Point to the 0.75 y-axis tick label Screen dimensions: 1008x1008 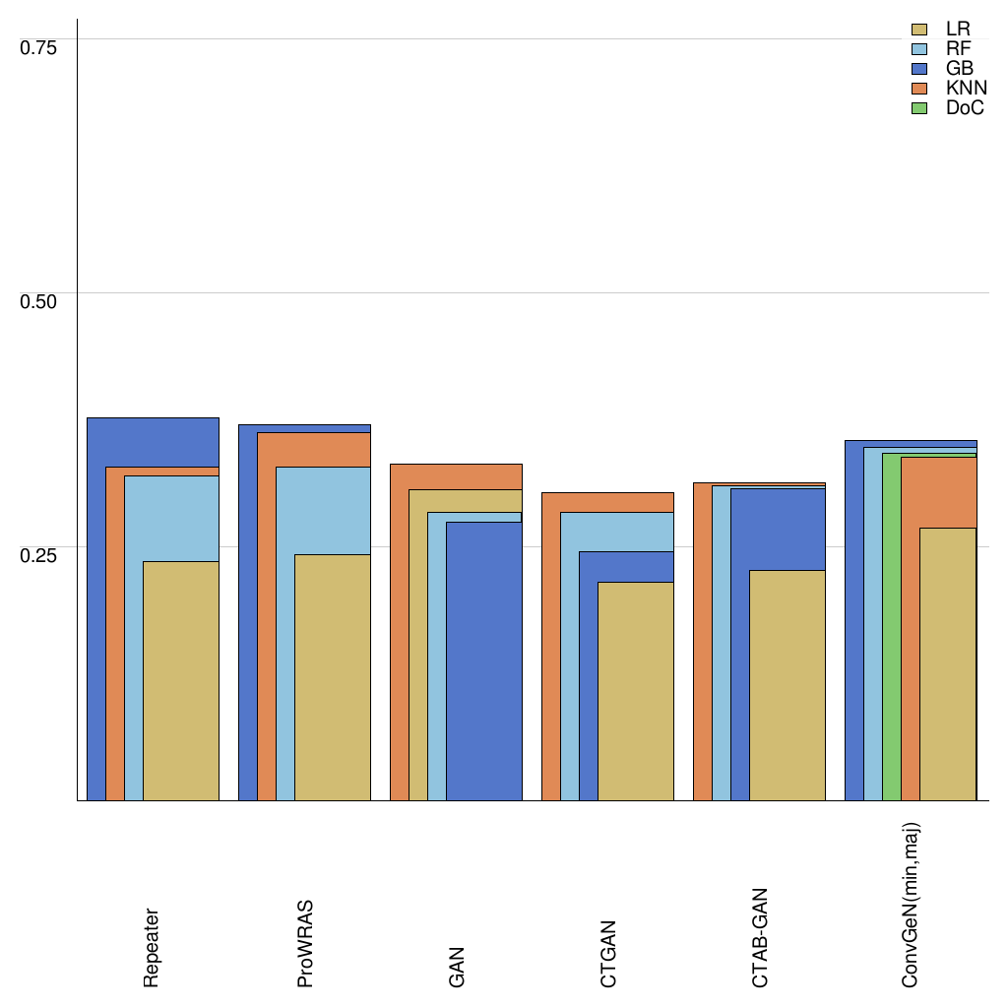pos(39,46)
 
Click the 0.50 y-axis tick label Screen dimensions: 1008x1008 pos(39,300)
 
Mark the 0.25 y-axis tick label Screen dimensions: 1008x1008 pos(39,554)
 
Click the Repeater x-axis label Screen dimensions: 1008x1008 pos(152,947)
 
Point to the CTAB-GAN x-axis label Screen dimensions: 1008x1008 pos(760,938)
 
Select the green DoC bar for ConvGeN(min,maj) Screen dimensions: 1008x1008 pos(891,630)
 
